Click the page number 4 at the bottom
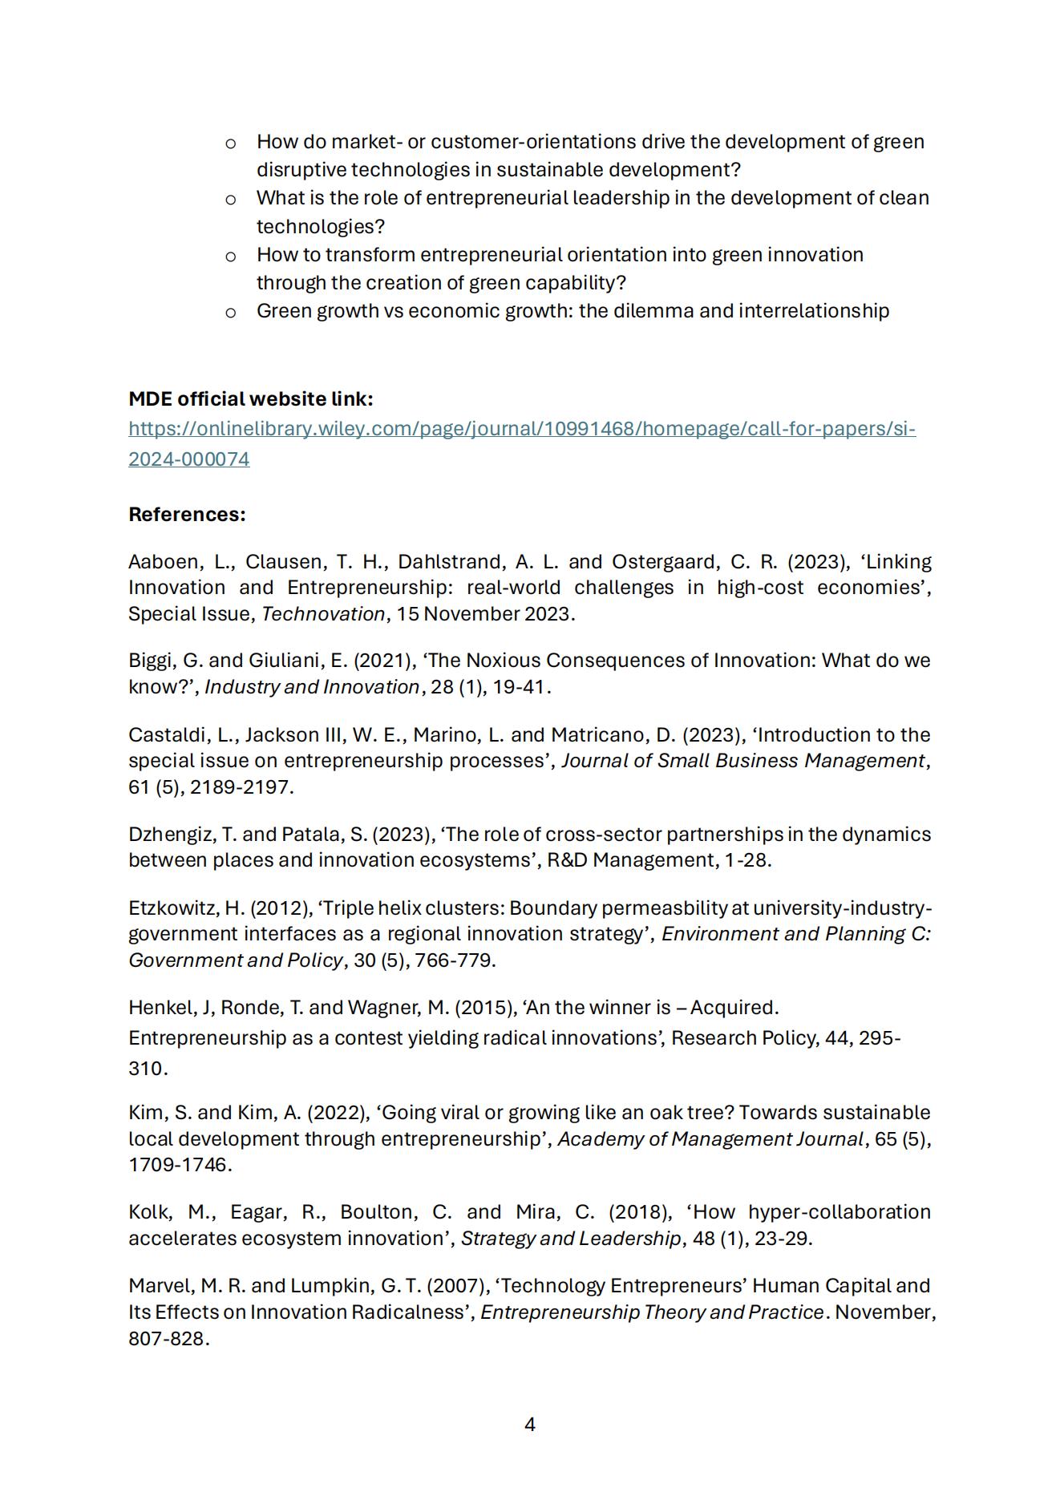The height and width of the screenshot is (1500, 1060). point(529,1424)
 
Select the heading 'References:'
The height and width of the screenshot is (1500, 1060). point(187,514)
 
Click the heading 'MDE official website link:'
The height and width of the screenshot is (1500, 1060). point(250,398)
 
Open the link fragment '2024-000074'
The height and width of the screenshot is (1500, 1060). point(188,459)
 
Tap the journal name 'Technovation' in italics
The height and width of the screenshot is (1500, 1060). point(322,613)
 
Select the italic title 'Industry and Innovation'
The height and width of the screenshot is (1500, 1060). point(312,687)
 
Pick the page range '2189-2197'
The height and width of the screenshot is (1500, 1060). point(239,786)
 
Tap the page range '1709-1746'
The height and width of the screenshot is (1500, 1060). point(177,1165)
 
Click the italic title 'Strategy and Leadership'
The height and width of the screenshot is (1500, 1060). point(570,1238)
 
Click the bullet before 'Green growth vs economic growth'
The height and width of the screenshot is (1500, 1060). point(230,312)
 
